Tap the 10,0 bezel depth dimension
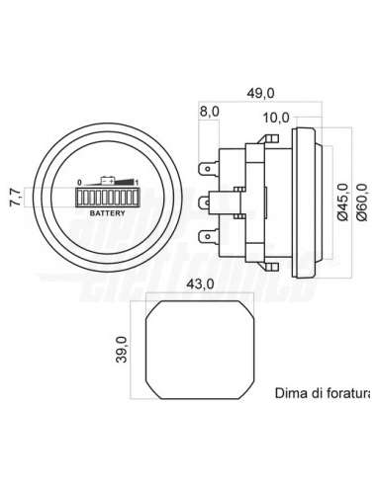click(x=278, y=118)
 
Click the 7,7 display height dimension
click(x=12, y=196)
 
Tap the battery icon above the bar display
click(x=108, y=182)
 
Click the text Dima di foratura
click(x=325, y=392)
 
